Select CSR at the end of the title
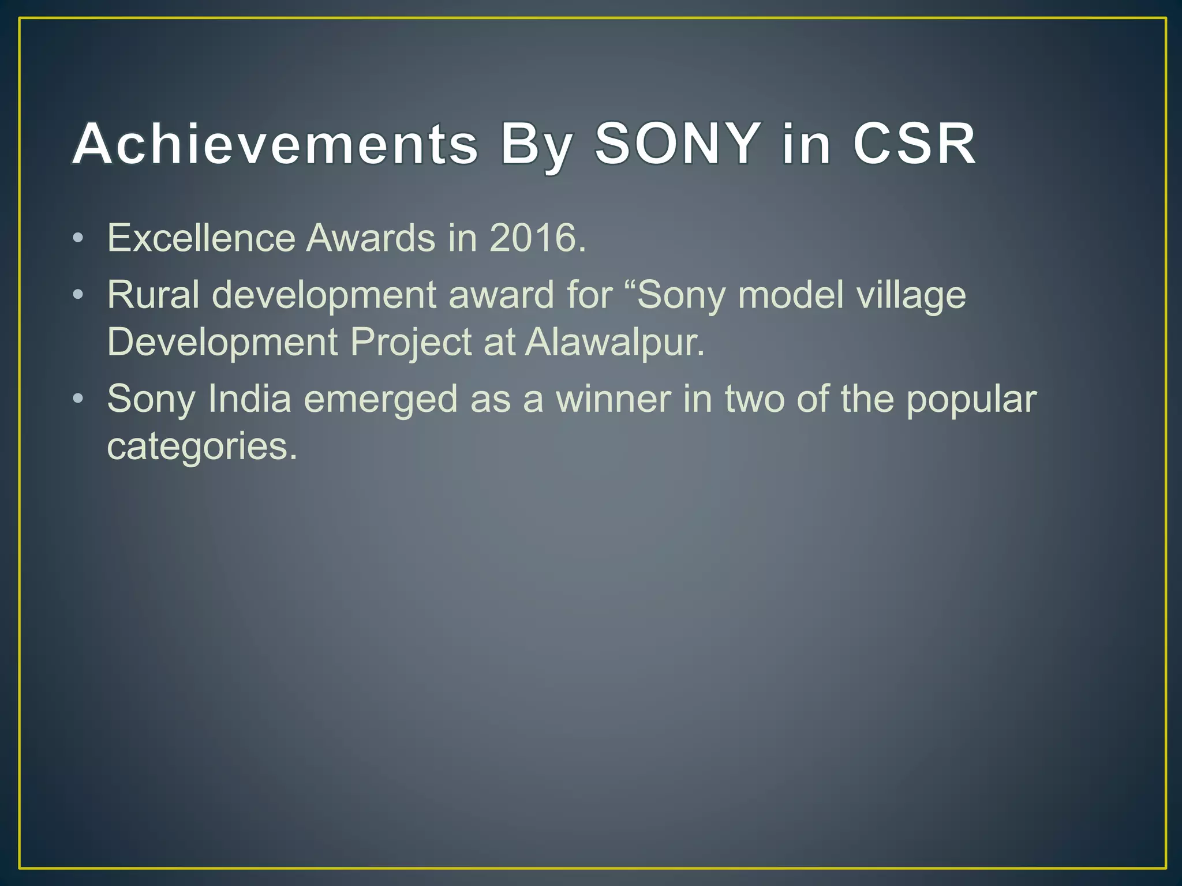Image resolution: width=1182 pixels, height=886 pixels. [x=914, y=144]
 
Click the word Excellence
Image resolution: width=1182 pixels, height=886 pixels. [x=201, y=238]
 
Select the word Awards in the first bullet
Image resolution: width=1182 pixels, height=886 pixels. [x=371, y=238]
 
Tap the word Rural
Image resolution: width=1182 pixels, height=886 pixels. [x=153, y=295]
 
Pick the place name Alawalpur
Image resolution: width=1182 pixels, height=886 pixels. [x=615, y=343]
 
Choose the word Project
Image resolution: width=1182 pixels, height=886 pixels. [x=411, y=343]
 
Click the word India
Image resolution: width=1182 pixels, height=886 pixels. [x=249, y=399]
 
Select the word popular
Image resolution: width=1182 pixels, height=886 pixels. [x=971, y=400]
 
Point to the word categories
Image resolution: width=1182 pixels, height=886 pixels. [x=202, y=446]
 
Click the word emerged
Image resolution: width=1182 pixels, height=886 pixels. [x=380, y=400]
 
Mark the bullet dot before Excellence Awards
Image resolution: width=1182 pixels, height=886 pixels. [x=78, y=238]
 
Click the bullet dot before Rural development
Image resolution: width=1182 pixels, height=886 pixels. [x=78, y=295]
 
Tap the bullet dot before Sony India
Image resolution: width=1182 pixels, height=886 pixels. [x=78, y=399]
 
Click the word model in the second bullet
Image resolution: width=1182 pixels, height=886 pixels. [x=790, y=295]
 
